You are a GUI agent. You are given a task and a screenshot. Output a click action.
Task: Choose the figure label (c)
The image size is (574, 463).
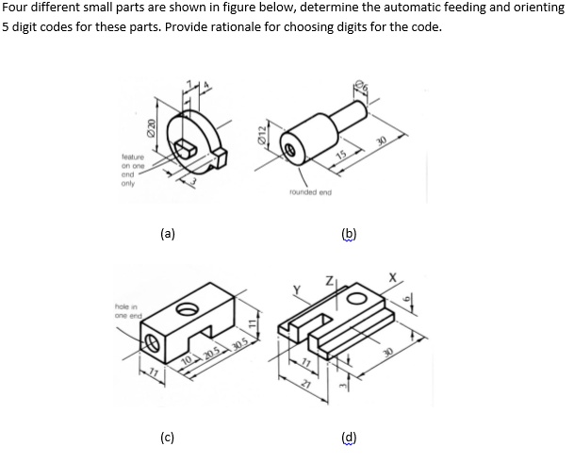(166, 437)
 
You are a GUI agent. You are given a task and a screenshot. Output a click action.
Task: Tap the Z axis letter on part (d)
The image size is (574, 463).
(329, 279)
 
